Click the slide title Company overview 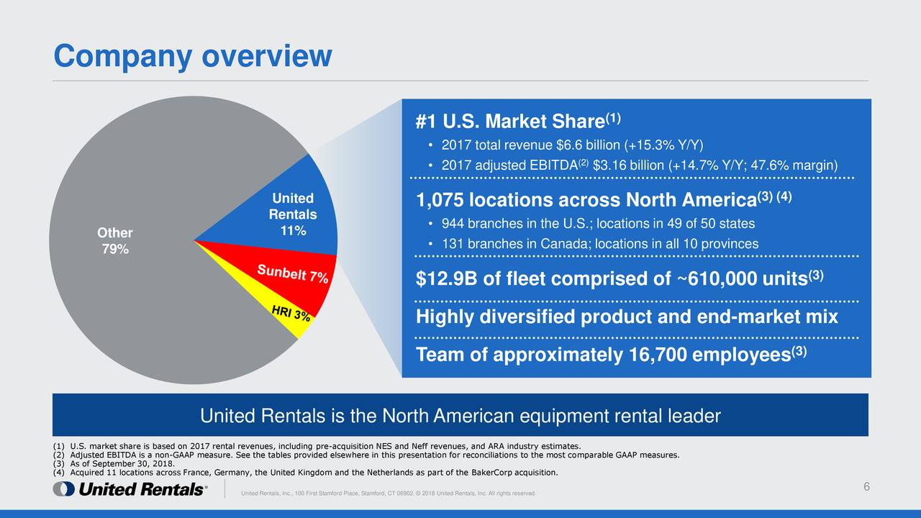193,55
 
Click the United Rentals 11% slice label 292,214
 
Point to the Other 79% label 115,241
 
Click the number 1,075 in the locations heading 441,200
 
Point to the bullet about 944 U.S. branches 597,223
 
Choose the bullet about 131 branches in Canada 599,244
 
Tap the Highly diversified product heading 627,317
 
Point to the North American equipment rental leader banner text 460,416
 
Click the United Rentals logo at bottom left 130,489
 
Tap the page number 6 867,488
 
